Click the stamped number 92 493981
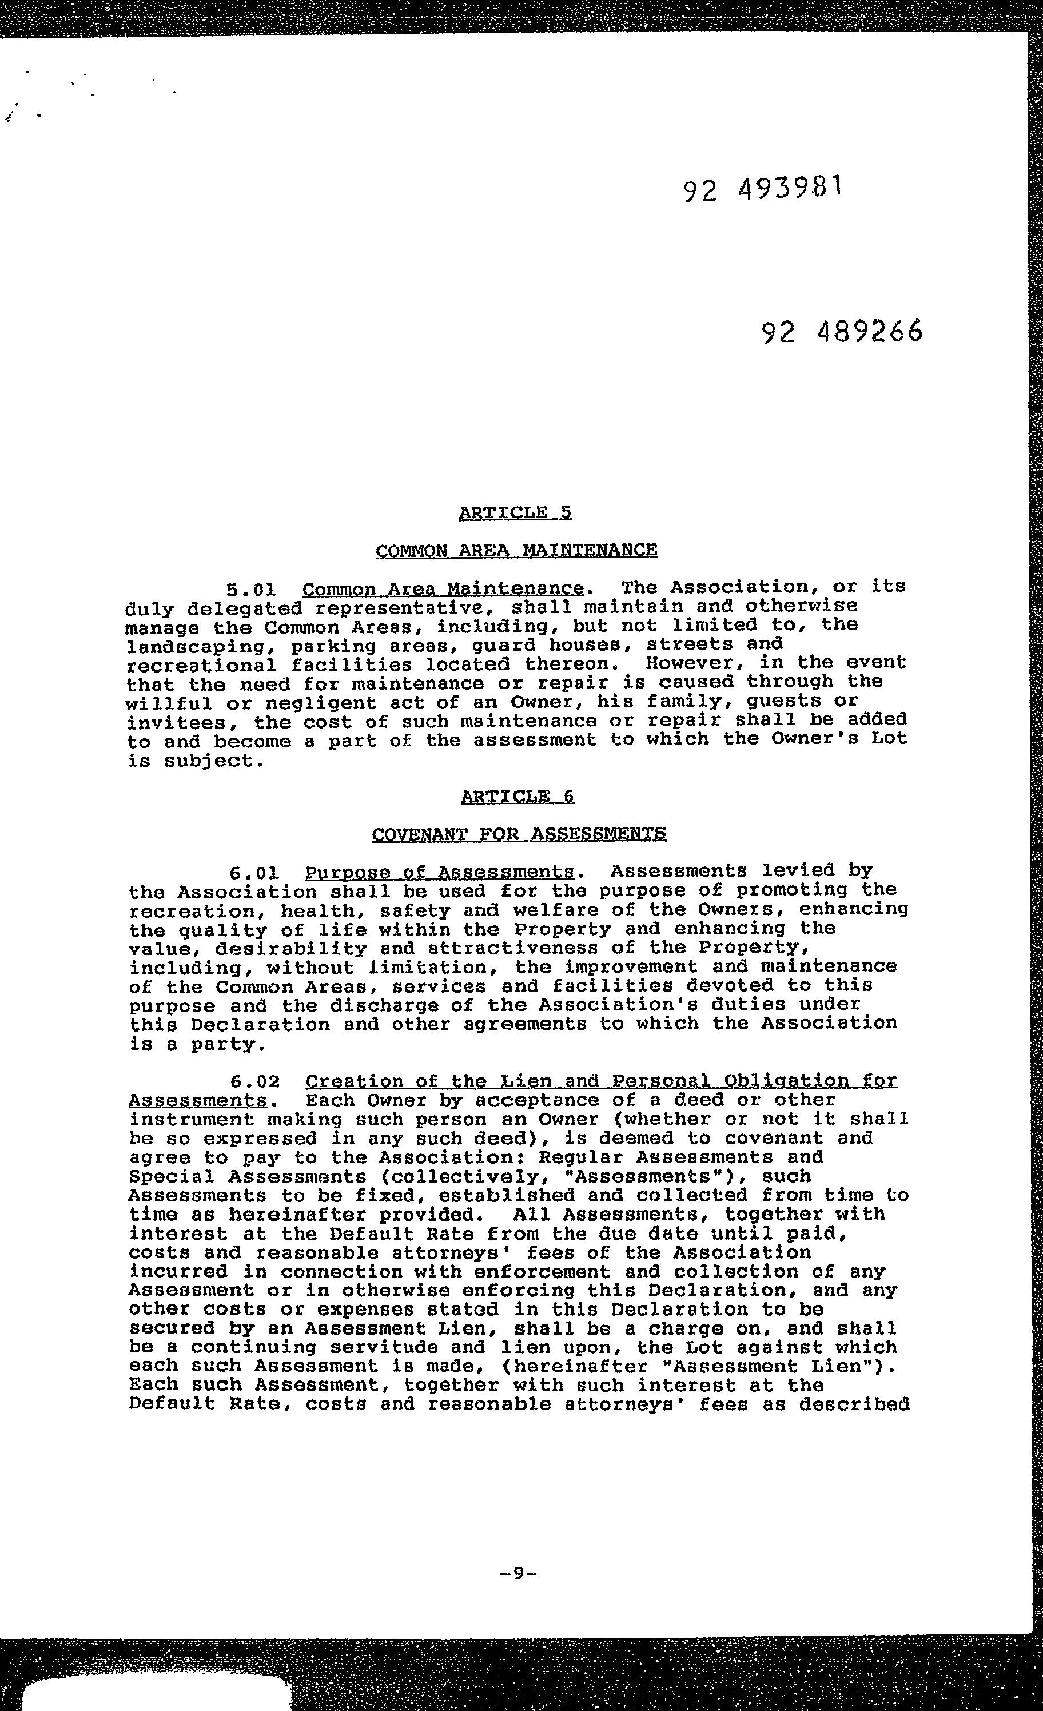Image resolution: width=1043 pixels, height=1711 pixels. click(x=762, y=188)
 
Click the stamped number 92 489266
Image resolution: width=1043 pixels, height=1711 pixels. click(x=842, y=332)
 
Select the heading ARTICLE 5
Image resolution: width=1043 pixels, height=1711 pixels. click(x=515, y=513)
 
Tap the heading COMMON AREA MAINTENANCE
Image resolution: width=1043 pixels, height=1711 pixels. click(x=516, y=551)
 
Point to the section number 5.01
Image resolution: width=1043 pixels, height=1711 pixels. click(x=252, y=590)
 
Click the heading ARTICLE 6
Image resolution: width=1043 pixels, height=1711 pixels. click(x=517, y=797)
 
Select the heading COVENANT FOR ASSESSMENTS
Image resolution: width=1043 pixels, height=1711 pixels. click(x=519, y=833)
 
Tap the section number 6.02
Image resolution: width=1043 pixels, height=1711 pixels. click(x=255, y=1082)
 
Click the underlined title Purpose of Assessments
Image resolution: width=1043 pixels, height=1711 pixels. click(x=440, y=872)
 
